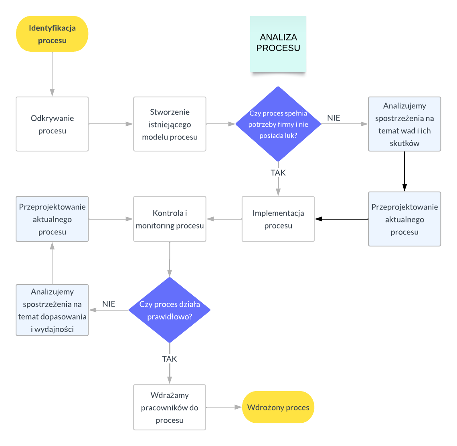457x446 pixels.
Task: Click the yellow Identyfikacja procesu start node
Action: tap(52, 34)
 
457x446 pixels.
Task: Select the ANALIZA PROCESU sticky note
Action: tap(278, 44)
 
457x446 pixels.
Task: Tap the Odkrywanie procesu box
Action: tap(52, 124)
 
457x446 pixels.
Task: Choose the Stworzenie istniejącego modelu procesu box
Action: tap(170, 124)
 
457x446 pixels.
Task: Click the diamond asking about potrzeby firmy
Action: tap(278, 124)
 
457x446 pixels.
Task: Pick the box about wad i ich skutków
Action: tap(404, 124)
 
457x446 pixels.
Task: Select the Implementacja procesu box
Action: tap(278, 219)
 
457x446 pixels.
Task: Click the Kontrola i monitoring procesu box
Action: tap(170, 219)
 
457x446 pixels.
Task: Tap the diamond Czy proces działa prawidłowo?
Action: tap(170, 310)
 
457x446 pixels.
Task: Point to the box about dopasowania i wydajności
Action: tap(52, 310)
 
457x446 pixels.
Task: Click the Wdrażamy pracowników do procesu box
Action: tap(170, 408)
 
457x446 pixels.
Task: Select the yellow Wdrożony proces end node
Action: tap(278, 408)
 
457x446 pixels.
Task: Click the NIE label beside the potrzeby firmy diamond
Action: tap(334, 118)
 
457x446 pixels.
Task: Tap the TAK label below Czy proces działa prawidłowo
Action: tap(170, 359)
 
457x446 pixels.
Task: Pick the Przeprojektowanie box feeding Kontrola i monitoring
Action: tap(52, 219)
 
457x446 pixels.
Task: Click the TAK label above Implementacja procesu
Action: tap(278, 173)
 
